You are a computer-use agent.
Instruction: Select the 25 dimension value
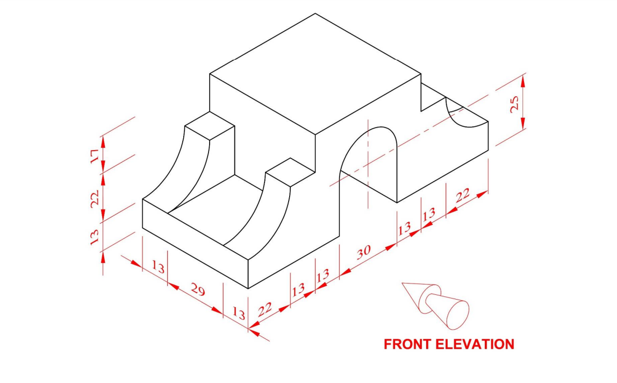[514, 104]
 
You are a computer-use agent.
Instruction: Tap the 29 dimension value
[197, 291]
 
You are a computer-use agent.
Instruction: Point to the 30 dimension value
[364, 251]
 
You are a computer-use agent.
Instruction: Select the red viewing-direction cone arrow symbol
[435, 303]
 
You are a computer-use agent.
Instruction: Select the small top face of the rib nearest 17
[210, 126]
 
